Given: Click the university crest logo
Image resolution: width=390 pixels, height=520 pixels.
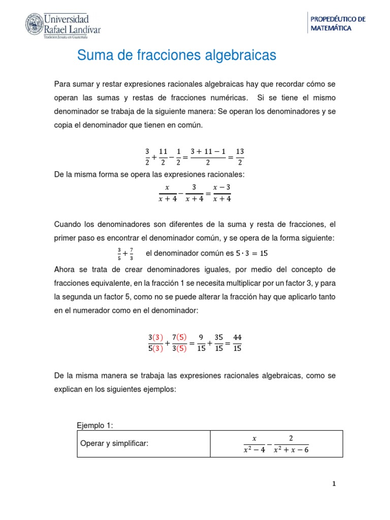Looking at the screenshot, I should click(35, 25).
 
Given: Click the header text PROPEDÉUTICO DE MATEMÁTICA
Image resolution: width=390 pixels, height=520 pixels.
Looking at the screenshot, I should click(338, 24).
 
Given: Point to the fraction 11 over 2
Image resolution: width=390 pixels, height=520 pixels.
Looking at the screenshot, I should click(163, 157).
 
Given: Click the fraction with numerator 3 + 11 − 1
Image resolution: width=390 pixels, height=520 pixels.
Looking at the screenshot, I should click(208, 157).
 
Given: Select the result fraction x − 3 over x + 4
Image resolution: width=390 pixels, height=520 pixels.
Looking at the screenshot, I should click(222, 193).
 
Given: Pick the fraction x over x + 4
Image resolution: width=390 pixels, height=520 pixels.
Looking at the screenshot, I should click(167, 193).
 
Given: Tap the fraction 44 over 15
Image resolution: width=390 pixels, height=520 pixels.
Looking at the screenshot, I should click(238, 342).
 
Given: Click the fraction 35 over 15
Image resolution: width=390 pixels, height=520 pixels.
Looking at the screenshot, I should click(219, 342).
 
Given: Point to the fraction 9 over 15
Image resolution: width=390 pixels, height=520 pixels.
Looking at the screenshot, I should click(202, 342).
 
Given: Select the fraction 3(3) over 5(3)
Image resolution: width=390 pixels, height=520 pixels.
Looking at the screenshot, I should click(156, 342).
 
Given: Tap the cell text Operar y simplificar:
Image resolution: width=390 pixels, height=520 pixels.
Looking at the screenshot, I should click(114, 444).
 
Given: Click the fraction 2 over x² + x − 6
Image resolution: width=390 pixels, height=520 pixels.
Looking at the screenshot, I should click(291, 444).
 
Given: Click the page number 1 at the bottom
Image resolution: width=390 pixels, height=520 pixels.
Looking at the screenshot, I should click(334, 484).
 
